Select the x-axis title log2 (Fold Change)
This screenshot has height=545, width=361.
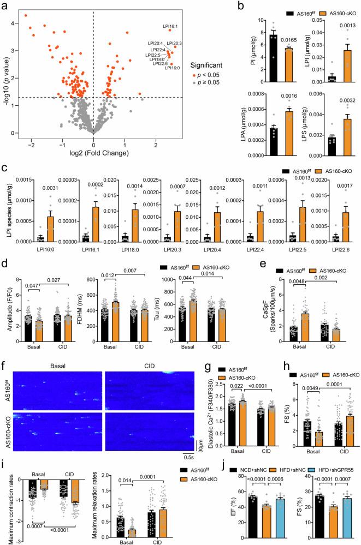click(93, 142)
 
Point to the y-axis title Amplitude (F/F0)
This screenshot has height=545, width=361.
click(7, 303)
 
